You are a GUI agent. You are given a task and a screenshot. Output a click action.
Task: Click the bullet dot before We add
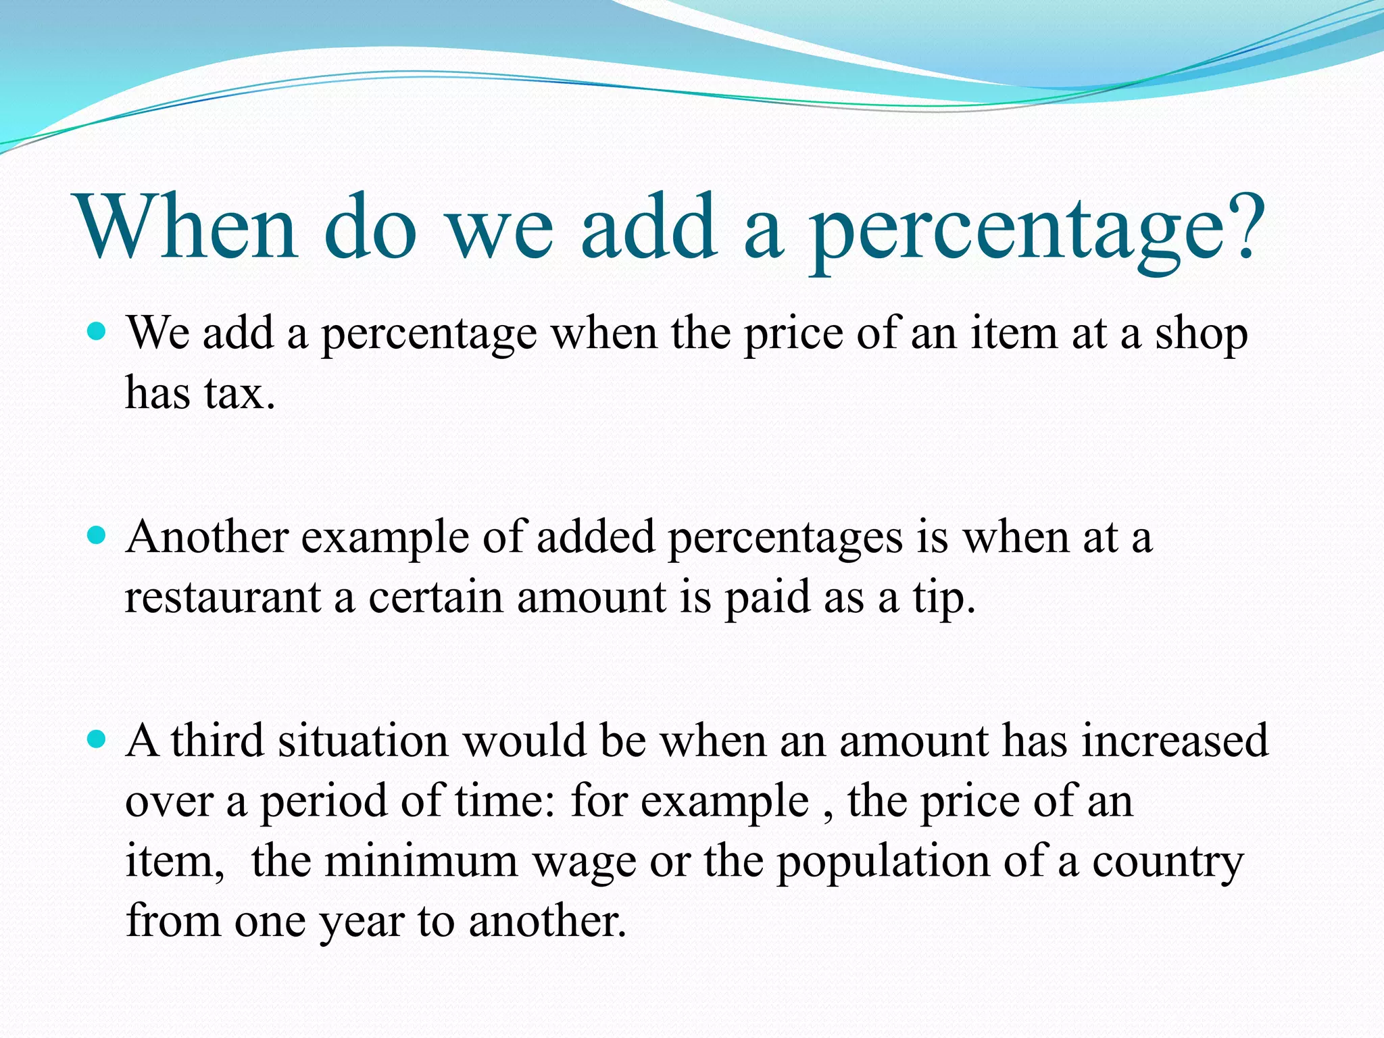click(x=97, y=332)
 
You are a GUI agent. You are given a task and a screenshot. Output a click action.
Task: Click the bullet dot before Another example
click(x=97, y=536)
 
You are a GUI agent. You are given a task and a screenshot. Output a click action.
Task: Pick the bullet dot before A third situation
click(x=97, y=739)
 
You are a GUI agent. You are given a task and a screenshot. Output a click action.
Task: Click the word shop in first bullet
click(x=1201, y=335)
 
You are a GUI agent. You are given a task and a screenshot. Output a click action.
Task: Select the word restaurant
click(x=223, y=597)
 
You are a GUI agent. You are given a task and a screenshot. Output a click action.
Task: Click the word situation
click(x=364, y=741)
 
